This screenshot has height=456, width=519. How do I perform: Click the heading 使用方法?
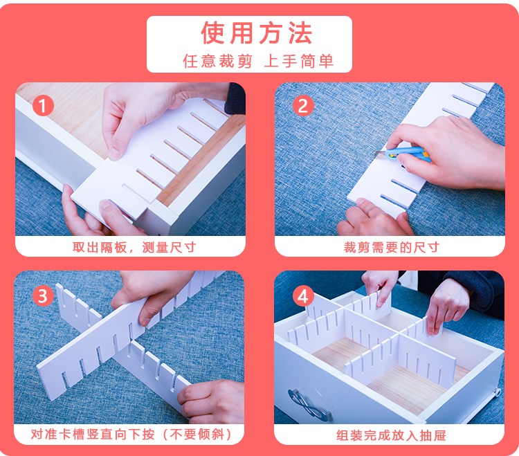pyautogui.click(x=257, y=33)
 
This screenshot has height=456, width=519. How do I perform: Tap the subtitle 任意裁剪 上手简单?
pyautogui.click(x=258, y=61)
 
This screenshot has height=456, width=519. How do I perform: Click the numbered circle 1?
pyautogui.click(x=43, y=106)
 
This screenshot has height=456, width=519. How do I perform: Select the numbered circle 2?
pyautogui.click(x=303, y=106)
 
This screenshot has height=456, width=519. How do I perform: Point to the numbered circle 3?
pyautogui.click(x=43, y=295)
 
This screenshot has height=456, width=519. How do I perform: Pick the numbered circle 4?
pyautogui.click(x=303, y=296)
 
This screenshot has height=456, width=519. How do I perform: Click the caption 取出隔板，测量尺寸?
pyautogui.click(x=134, y=247)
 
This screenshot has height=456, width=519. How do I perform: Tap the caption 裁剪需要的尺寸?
pyautogui.click(x=392, y=247)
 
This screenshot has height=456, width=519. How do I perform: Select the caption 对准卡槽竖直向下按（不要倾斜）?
pyautogui.click(x=131, y=434)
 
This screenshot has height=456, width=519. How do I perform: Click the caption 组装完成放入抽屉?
pyautogui.click(x=391, y=435)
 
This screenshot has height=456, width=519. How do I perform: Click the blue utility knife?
pyautogui.click(x=403, y=154)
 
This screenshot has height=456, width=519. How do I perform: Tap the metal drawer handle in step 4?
pyautogui.click(x=309, y=404)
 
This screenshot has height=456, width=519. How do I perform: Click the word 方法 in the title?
pyautogui.click(x=285, y=33)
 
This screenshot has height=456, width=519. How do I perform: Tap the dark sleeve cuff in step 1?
pyautogui.click(x=235, y=99)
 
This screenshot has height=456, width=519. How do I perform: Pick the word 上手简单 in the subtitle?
pyautogui.click(x=298, y=61)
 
